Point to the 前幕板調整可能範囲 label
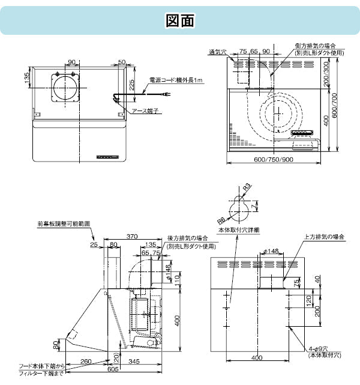(63, 223)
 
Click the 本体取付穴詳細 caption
(239, 230)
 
